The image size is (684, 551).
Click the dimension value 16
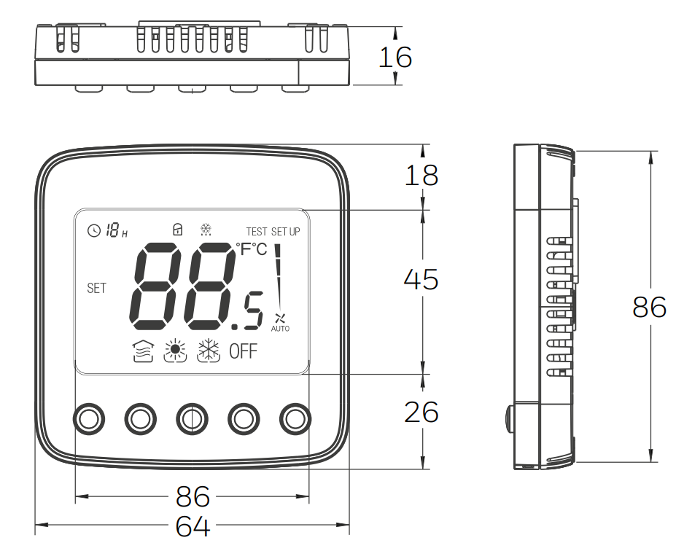395,57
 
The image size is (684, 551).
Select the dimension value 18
421,175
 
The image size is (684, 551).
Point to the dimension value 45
421,279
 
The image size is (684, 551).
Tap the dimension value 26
421,412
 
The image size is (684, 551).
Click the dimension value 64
193,526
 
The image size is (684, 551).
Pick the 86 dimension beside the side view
650,307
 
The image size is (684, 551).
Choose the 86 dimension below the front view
193,496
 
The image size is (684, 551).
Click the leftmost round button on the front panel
88,419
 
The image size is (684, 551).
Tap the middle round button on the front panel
192,419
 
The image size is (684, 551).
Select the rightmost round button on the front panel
295,419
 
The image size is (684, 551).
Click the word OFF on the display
244,351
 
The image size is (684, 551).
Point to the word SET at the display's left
96,288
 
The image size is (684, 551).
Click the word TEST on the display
257,232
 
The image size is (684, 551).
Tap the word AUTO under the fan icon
280,329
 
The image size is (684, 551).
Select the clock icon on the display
94,230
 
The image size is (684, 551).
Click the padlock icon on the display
177,229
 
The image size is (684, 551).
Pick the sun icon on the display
175,351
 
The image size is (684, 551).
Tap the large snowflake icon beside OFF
209,351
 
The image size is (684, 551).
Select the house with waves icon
144,351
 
